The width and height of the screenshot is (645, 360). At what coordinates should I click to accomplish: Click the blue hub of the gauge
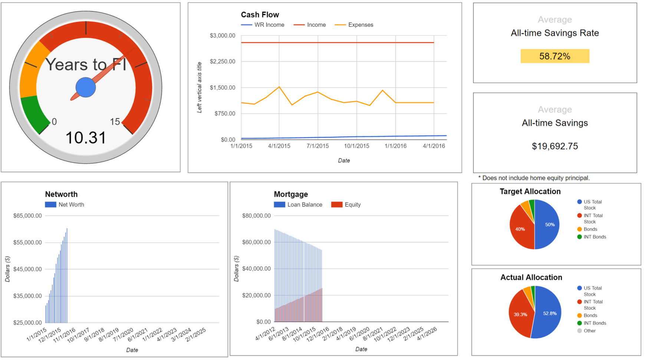tap(86, 87)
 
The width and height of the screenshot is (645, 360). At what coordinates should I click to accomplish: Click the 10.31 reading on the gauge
tap(86, 138)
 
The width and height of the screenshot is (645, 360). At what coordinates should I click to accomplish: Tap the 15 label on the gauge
tap(115, 122)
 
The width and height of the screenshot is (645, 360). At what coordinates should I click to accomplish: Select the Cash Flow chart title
tap(260, 15)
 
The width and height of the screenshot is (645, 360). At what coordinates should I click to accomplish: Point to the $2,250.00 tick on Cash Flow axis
tap(222, 61)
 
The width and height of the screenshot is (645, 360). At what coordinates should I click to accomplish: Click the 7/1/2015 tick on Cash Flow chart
tap(317, 146)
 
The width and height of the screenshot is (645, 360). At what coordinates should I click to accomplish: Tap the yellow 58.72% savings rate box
tap(554, 56)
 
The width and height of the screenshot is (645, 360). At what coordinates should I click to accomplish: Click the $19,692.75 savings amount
tap(554, 146)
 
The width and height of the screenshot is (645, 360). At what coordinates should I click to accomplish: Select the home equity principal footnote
tap(534, 178)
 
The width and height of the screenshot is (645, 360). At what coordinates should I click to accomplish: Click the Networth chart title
tap(61, 194)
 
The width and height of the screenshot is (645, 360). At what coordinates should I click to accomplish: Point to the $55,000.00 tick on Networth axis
tap(27, 242)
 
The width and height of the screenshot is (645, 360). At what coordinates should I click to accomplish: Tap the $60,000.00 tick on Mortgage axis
tap(256, 242)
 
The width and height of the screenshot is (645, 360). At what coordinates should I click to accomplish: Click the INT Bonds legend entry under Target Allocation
tap(594, 237)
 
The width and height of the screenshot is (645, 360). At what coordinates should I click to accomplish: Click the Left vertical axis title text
tap(200, 87)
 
